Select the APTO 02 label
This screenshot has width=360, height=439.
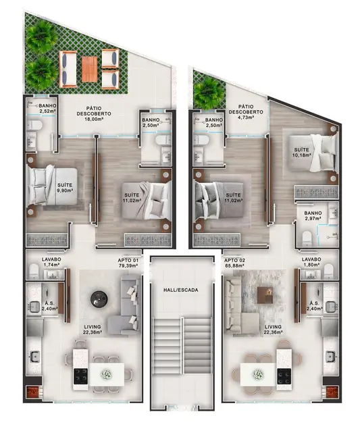click(234, 259)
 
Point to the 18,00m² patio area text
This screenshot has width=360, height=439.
click(93, 120)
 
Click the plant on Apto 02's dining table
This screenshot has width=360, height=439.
click(257, 373)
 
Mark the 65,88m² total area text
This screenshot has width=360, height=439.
click(234, 266)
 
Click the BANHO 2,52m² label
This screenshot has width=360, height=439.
click(47, 109)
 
